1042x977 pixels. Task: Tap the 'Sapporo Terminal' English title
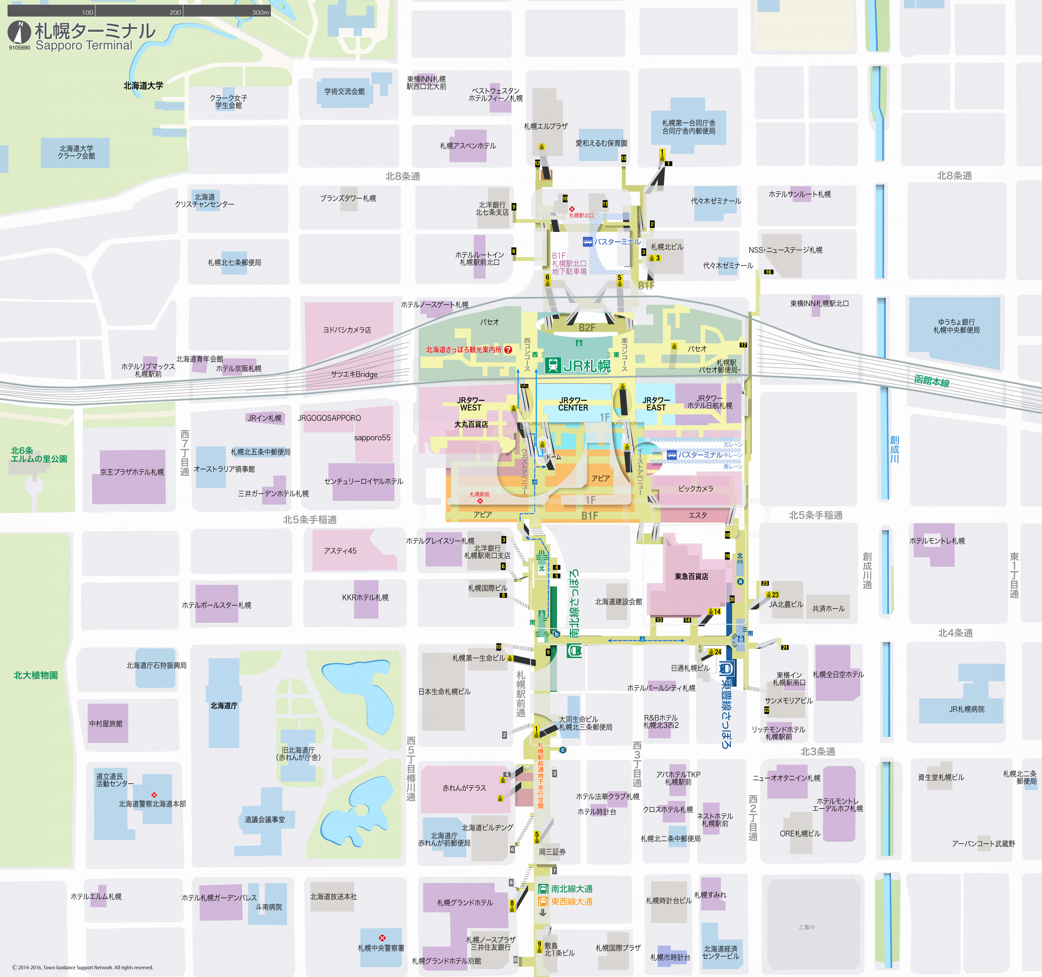(x=84, y=46)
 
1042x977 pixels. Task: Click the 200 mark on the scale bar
(x=175, y=12)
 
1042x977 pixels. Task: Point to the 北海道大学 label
(x=143, y=85)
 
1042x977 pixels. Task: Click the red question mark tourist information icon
(x=508, y=350)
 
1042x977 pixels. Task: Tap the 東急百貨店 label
(x=691, y=576)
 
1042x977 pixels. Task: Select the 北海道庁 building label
(x=224, y=706)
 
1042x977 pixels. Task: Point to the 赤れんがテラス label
(x=464, y=788)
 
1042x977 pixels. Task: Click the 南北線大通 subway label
(x=571, y=889)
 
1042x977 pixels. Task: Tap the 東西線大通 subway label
(x=571, y=902)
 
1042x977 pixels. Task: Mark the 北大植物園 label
(x=35, y=675)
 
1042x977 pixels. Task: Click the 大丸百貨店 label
(x=471, y=424)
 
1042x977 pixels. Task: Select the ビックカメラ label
(x=696, y=489)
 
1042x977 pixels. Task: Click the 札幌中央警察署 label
(x=381, y=948)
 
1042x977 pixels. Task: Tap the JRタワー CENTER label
(x=573, y=404)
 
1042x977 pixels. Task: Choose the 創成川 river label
(x=894, y=449)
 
